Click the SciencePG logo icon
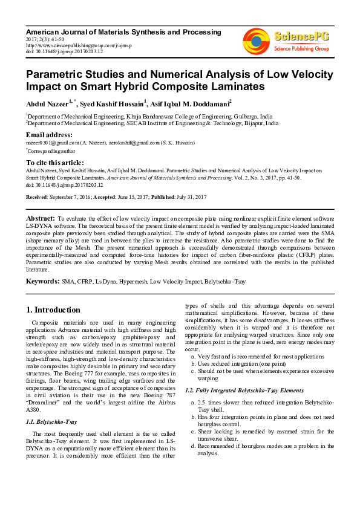257,37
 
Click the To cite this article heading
55,163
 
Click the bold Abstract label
41,216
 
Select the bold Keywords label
42,282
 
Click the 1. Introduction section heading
53,310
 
